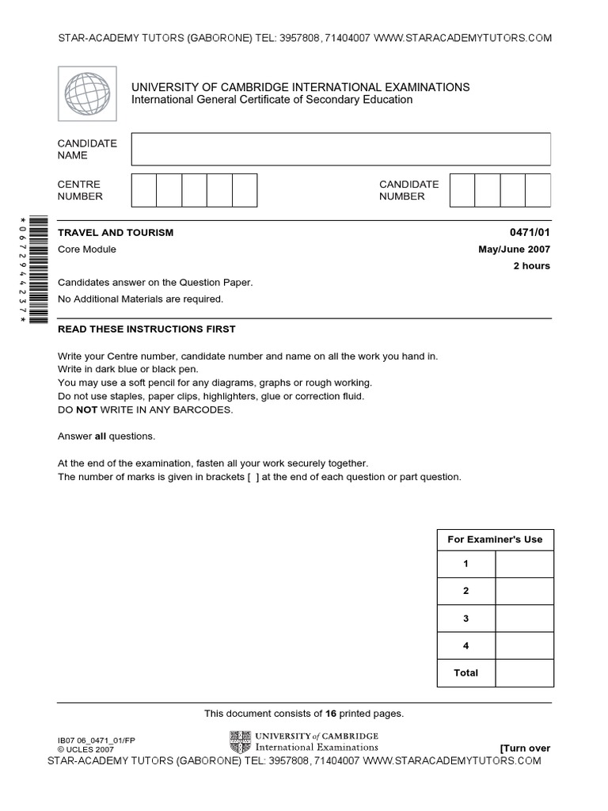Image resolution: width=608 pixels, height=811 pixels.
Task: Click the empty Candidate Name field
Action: point(340,149)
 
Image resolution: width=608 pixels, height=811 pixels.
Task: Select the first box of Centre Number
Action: point(143,190)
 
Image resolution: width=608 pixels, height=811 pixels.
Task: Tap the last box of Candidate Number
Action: point(538,190)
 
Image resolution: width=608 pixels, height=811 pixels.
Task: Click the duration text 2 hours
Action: point(532,266)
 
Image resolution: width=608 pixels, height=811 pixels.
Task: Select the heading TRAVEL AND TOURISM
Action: point(116,233)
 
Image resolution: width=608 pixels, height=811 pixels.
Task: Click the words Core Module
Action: point(87,249)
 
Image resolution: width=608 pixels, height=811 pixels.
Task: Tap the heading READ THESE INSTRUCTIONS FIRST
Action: point(146,329)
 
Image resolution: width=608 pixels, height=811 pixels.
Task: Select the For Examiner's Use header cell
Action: point(495,539)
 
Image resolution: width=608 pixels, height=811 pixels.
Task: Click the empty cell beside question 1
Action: point(524,564)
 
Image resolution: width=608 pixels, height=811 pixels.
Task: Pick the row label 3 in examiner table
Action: point(465,619)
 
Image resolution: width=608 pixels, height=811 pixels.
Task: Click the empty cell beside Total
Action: point(524,672)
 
